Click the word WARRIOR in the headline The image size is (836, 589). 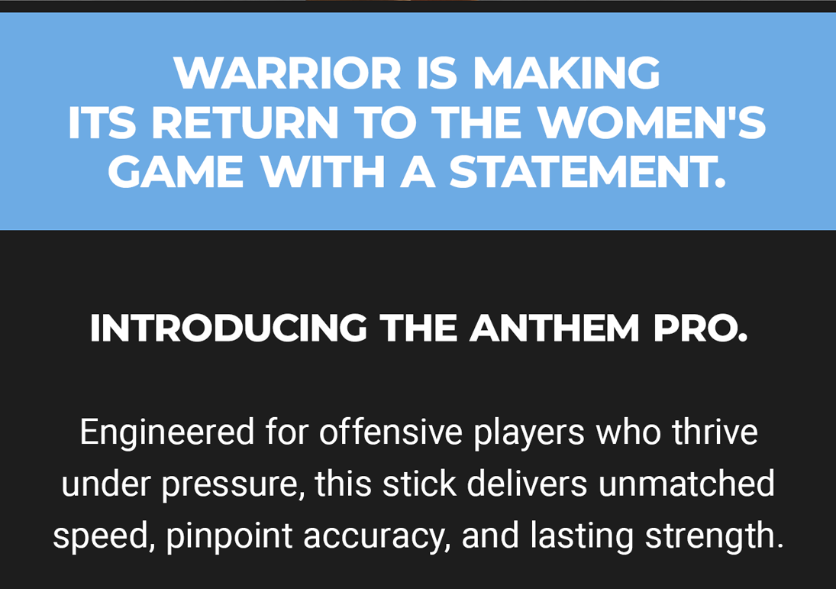tap(287, 73)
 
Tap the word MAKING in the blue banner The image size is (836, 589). tap(566, 73)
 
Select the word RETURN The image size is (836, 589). tap(245, 122)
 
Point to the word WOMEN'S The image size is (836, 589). tap(651, 122)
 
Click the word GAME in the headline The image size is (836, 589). tap(176, 172)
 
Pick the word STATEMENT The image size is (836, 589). tap(588, 172)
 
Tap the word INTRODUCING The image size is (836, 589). tap(228, 328)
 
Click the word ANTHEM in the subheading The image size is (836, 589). tap(554, 328)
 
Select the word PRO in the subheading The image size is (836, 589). tap(700, 328)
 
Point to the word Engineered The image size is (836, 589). tap(167, 432)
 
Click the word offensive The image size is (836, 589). tap(391, 432)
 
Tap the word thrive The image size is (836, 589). tap(715, 432)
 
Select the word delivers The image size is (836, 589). tap(527, 484)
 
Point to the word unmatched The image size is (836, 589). tap(686, 484)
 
